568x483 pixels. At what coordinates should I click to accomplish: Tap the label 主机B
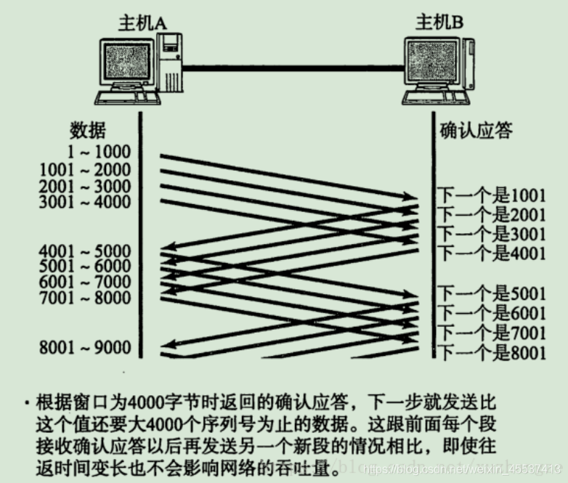click(439, 23)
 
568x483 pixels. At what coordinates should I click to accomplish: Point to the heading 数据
click(88, 131)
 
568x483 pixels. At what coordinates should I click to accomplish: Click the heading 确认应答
click(476, 131)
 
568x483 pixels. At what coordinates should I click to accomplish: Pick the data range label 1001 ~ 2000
click(86, 170)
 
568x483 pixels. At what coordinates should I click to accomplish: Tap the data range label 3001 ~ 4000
click(86, 202)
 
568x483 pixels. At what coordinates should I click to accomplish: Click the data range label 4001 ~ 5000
click(86, 252)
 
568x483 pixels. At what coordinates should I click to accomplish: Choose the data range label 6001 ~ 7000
click(86, 283)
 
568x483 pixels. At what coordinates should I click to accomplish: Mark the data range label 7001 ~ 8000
click(86, 298)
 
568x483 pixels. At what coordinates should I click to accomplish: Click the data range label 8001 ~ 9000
click(86, 347)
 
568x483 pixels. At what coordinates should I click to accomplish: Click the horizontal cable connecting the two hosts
click(291, 68)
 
